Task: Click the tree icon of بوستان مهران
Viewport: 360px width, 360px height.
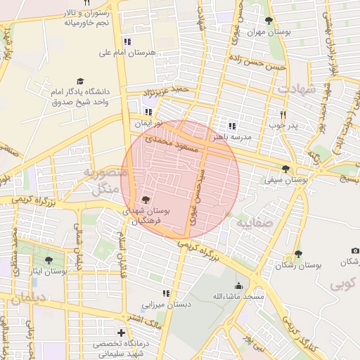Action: coord(269,21)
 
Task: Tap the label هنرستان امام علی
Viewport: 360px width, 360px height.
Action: coord(129,53)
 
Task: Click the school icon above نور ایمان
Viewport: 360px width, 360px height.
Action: coord(148,112)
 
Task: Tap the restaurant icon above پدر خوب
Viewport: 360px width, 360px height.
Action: coord(283,115)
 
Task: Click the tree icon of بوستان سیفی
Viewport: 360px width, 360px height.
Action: coord(285,169)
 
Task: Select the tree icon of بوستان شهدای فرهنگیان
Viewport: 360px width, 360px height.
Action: coord(146,200)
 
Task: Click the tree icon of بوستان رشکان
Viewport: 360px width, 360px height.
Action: coord(298,254)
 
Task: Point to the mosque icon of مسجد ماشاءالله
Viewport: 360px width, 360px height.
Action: coord(238,285)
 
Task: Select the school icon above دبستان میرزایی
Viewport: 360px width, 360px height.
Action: coord(166,293)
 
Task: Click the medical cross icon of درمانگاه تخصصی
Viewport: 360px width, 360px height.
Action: coord(122,333)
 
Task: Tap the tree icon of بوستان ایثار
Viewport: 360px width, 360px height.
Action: coord(49,260)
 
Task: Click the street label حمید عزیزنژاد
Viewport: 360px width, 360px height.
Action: coord(167,91)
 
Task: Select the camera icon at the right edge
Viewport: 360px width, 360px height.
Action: coord(355,251)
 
